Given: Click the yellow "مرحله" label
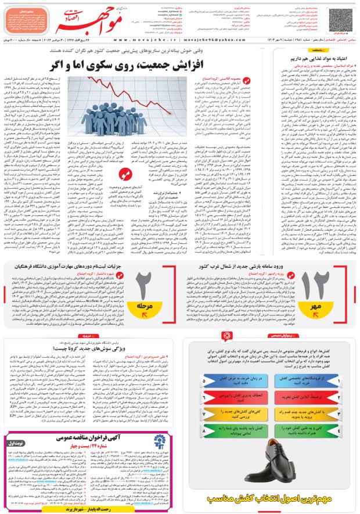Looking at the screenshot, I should coord(145,304).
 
